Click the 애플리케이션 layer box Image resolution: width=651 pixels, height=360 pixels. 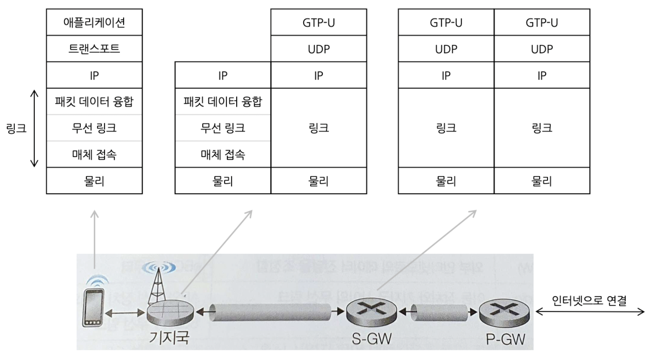tap(94, 22)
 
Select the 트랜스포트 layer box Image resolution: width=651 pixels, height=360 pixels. tap(94, 49)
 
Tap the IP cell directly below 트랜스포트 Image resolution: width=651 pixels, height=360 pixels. tap(94, 75)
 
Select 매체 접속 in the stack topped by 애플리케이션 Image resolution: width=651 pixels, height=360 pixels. tap(94, 155)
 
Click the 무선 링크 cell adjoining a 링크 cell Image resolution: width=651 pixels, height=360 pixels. tap(223, 128)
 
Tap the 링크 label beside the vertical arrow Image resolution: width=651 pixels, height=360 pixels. tap(16, 128)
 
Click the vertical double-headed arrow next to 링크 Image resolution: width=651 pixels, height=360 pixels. tap(34, 128)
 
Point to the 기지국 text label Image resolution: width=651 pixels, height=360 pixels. tap(169, 337)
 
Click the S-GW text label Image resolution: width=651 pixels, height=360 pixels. tap(372, 339)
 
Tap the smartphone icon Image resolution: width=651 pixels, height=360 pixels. tap(93, 307)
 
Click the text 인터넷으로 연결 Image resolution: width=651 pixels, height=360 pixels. tap(589, 301)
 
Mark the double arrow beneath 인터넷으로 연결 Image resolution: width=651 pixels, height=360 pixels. tap(590, 312)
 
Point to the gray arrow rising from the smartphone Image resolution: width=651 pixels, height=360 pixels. tap(94, 238)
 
